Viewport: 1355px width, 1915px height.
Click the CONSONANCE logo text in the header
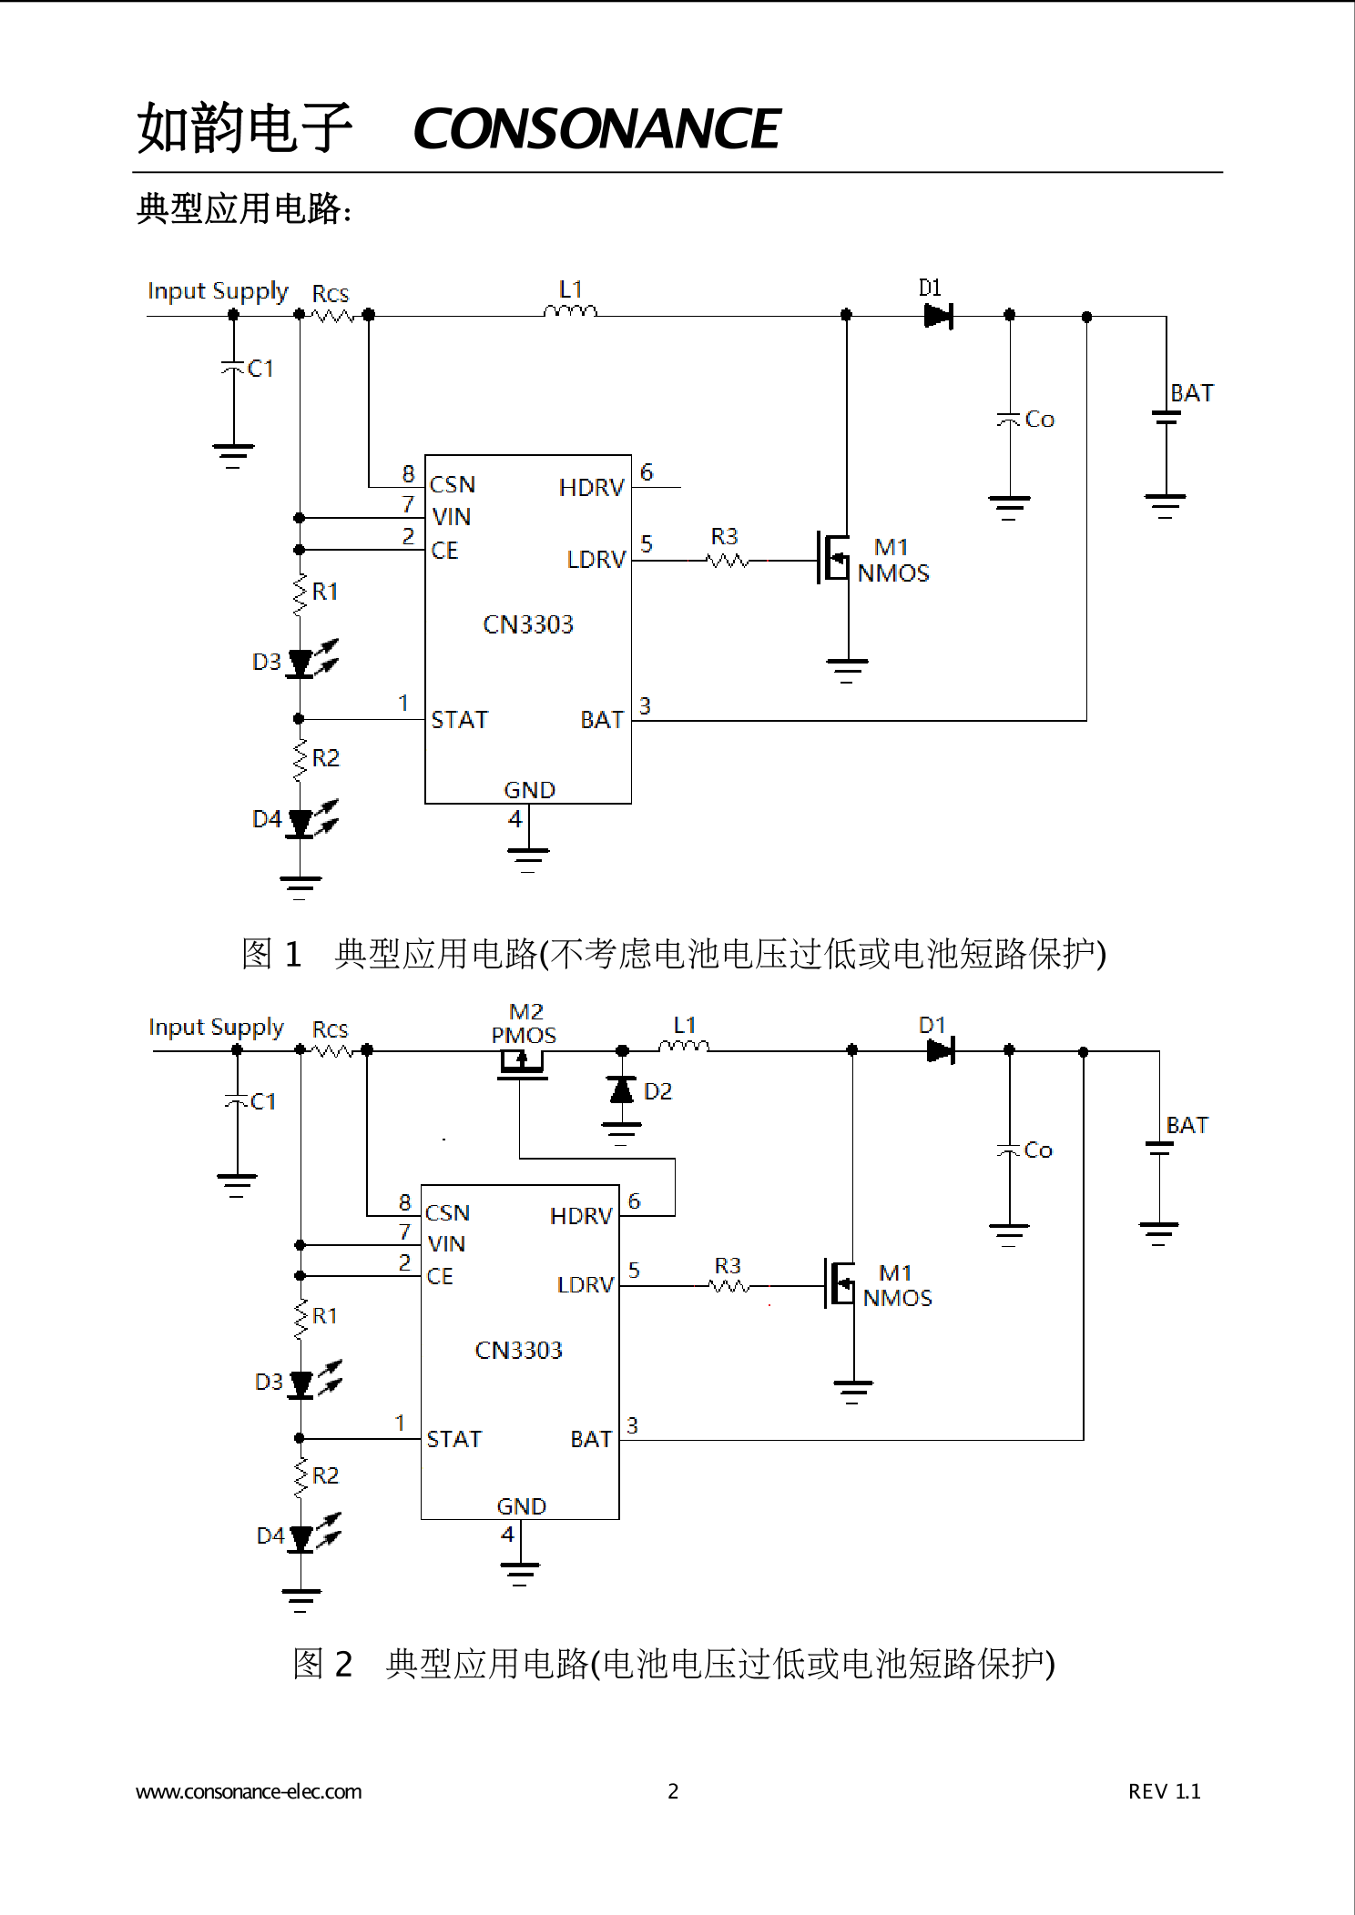tap(597, 128)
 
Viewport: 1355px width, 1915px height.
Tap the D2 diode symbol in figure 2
tap(622, 1089)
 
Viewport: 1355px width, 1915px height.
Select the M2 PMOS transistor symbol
tap(521, 1062)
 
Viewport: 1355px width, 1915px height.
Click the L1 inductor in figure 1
tap(571, 311)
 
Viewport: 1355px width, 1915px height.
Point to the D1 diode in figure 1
tap(937, 316)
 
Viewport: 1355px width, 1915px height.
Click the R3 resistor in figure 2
tap(728, 1285)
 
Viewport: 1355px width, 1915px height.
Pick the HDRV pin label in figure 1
tap(591, 488)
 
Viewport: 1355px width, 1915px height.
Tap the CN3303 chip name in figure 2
tap(518, 1350)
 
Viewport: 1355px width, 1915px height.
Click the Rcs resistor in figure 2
tap(332, 1050)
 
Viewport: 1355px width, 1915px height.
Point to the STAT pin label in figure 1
tap(459, 720)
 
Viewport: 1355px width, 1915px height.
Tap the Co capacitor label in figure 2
tap(1038, 1150)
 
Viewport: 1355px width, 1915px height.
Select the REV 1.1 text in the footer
tap(1164, 1791)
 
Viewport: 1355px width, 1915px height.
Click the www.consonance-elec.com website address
tap(249, 1791)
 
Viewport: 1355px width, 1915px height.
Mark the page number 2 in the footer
tap(673, 1791)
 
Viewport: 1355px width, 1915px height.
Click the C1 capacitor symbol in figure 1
tap(233, 368)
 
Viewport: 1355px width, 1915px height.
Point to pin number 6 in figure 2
tap(634, 1201)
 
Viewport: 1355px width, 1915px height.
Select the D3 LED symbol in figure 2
tap(301, 1383)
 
